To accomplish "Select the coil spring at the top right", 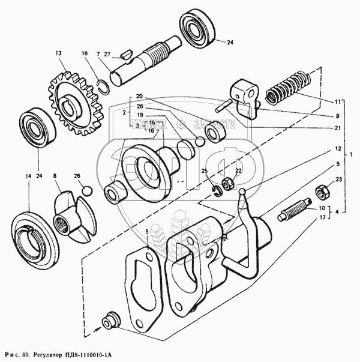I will (287, 88).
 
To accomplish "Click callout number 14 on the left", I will (26, 176).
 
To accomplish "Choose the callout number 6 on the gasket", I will (147, 231).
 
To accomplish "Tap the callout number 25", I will (204, 172).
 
